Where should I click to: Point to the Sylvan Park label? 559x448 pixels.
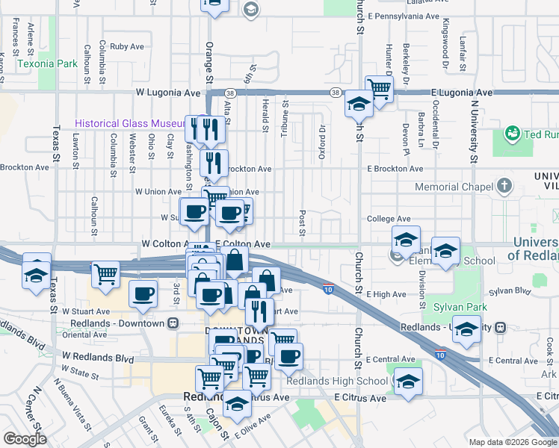tap(463, 307)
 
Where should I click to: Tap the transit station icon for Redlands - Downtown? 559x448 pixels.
tap(173, 323)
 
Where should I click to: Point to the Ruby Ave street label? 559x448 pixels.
tap(126, 46)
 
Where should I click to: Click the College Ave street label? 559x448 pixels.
tap(389, 219)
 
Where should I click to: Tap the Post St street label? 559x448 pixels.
tap(303, 222)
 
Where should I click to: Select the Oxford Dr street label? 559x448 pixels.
tap(322, 137)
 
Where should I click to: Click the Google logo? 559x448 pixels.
tap(25, 439)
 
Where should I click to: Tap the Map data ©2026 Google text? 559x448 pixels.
tap(513, 442)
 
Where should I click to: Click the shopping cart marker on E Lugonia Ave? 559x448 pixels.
tap(380, 89)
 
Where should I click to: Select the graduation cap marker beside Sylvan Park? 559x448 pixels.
tap(466, 329)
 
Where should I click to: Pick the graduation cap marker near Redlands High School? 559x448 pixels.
tap(408, 382)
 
